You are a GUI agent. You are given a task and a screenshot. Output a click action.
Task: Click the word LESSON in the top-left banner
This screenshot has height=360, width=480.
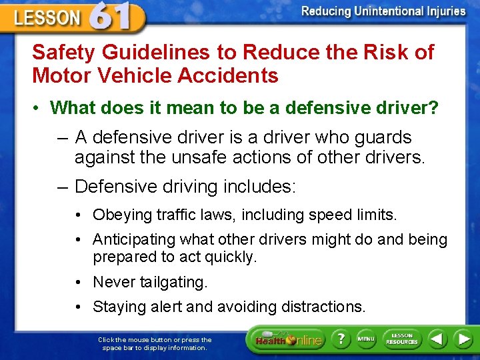(x=47, y=18)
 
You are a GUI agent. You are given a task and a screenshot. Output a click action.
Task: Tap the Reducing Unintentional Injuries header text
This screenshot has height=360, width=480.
(x=383, y=11)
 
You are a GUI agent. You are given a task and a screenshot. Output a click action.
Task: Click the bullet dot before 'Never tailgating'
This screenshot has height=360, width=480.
(x=79, y=283)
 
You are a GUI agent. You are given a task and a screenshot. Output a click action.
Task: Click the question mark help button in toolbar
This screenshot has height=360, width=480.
(x=340, y=339)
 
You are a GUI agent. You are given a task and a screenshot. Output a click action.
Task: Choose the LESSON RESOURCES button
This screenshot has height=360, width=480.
(x=402, y=339)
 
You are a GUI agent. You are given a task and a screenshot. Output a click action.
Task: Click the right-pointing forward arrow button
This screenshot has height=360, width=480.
(x=463, y=339)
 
